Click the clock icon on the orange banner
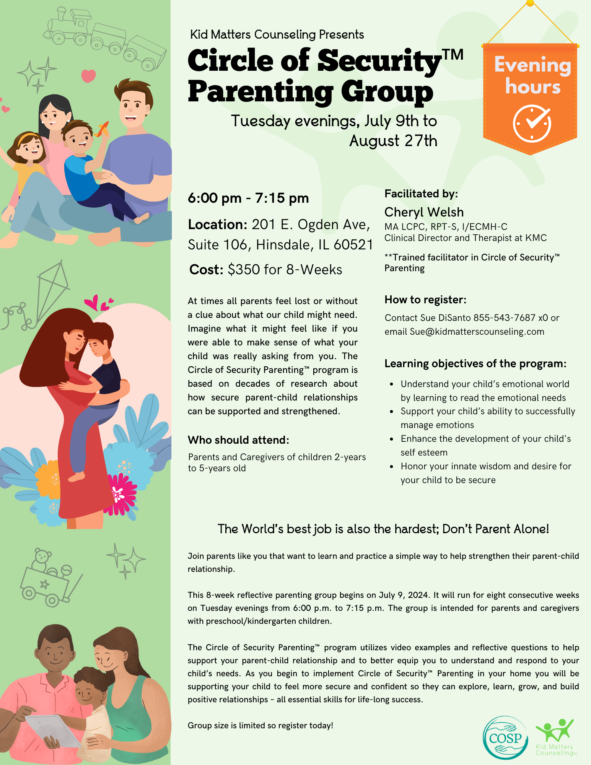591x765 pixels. click(532, 124)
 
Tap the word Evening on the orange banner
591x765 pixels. click(532, 65)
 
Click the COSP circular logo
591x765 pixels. click(506, 737)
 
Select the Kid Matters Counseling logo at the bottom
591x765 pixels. click(555, 738)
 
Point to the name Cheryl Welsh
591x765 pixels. click(424, 212)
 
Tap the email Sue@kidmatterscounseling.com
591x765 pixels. click(477, 332)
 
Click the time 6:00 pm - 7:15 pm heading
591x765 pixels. click(248, 198)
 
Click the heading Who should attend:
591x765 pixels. click(238, 440)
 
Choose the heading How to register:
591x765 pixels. click(425, 299)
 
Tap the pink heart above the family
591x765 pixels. click(88, 75)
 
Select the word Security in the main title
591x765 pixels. click(379, 61)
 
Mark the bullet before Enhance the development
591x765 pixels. click(391, 439)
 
